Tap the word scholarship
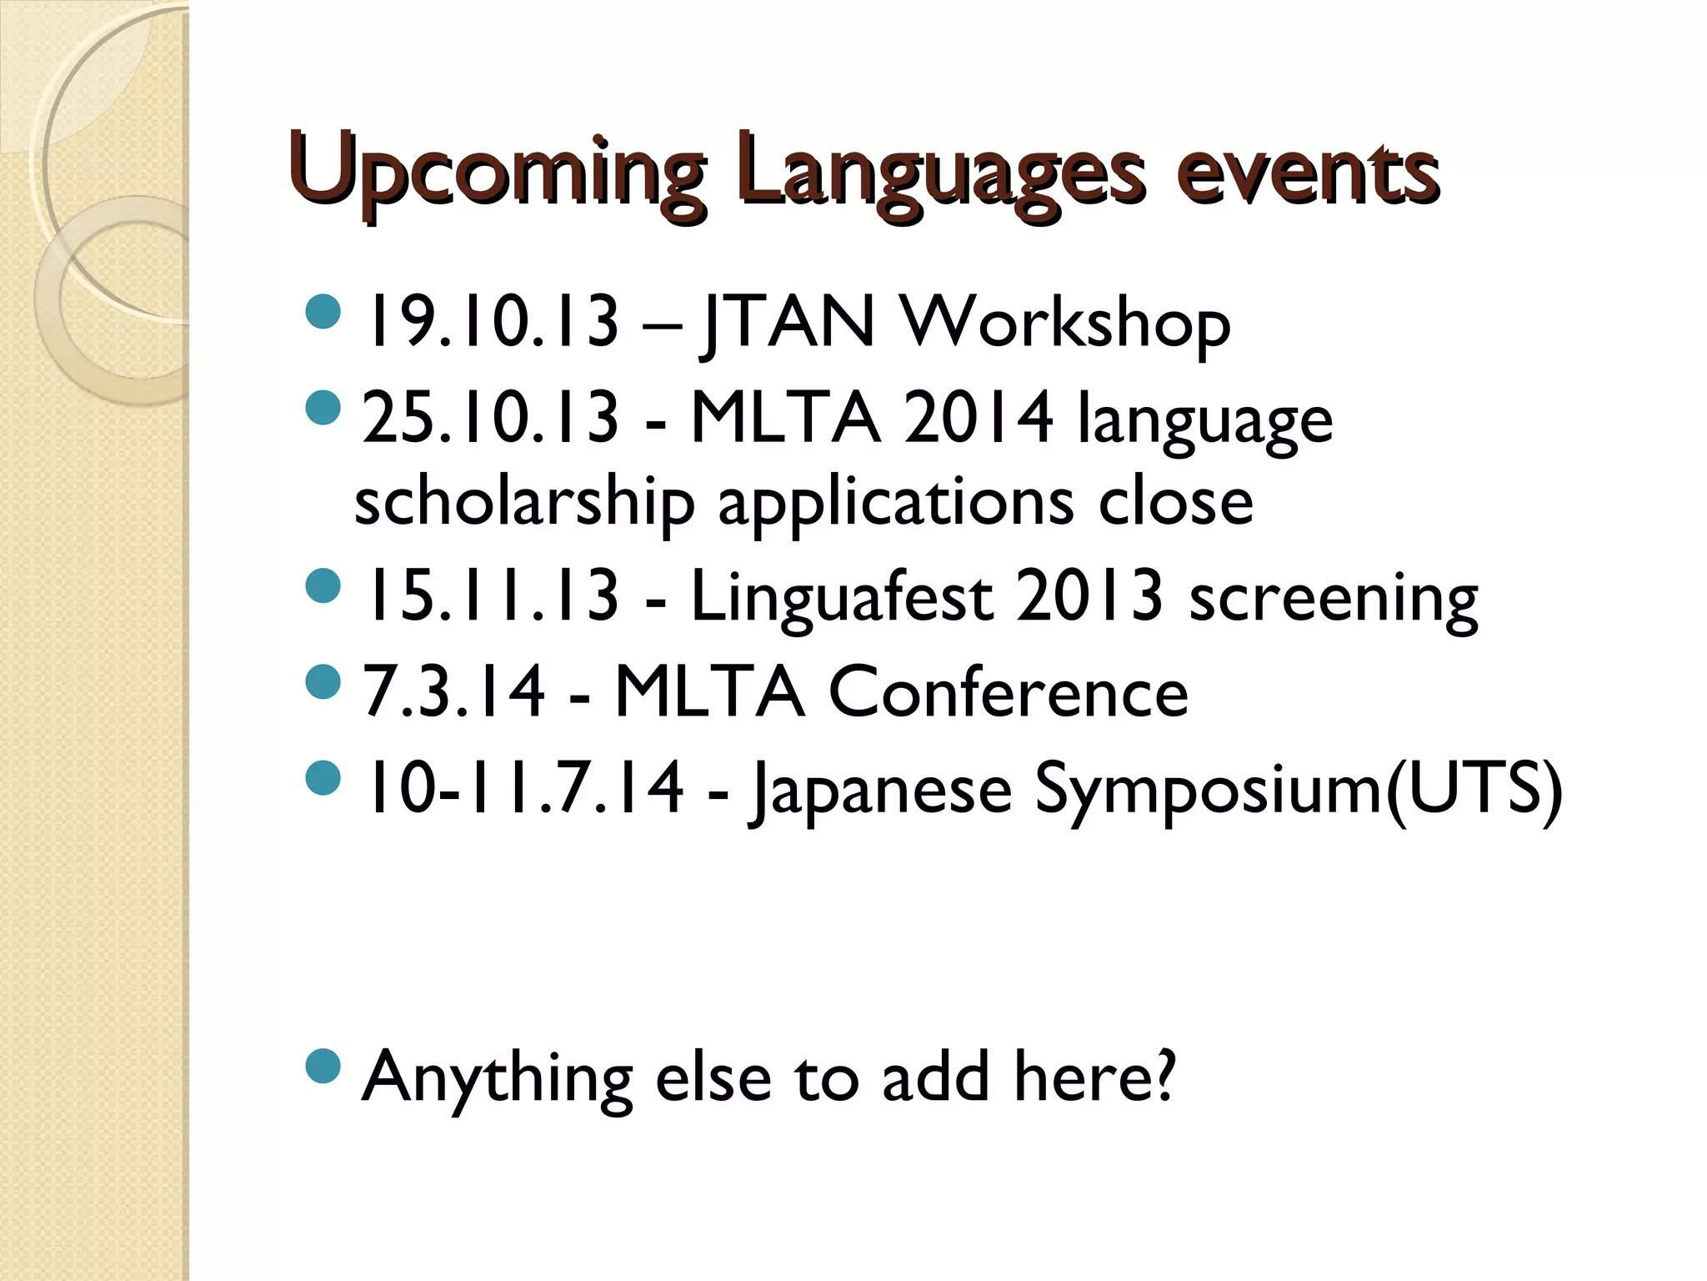pyautogui.click(x=524, y=503)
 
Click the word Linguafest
pyautogui.click(x=842, y=597)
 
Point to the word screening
pyautogui.click(x=1334, y=597)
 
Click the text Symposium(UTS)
pyautogui.click(x=1299, y=788)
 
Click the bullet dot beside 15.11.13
pyautogui.click(x=323, y=585)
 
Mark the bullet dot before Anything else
pyautogui.click(x=323, y=1066)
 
